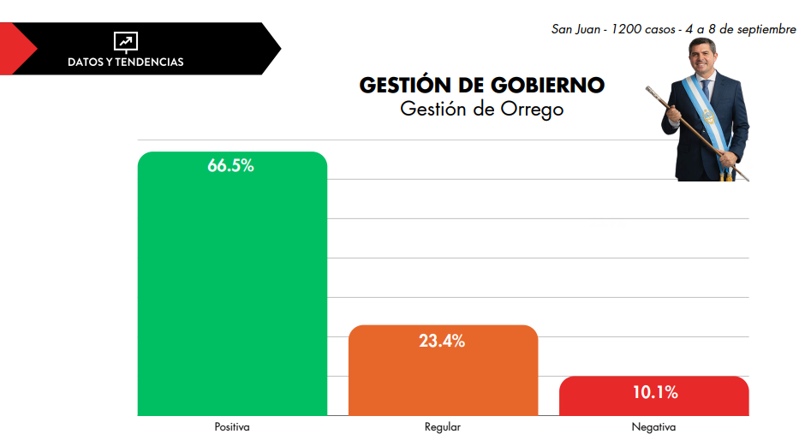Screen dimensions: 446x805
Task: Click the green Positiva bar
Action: tap(232, 291)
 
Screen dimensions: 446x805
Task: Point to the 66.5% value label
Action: tap(231, 166)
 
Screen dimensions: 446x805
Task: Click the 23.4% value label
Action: tap(442, 341)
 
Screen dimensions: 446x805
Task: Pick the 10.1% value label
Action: tap(655, 393)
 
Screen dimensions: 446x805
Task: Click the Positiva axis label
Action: tap(232, 427)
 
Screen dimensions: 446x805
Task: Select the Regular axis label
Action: tap(443, 427)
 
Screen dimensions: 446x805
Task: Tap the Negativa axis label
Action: tap(653, 427)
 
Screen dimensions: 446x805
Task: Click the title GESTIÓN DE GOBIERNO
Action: tap(481, 86)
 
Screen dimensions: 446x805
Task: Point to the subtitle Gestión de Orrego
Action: tap(481, 110)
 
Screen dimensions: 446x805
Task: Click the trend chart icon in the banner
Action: tap(126, 41)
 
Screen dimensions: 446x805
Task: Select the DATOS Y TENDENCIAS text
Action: tap(126, 62)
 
